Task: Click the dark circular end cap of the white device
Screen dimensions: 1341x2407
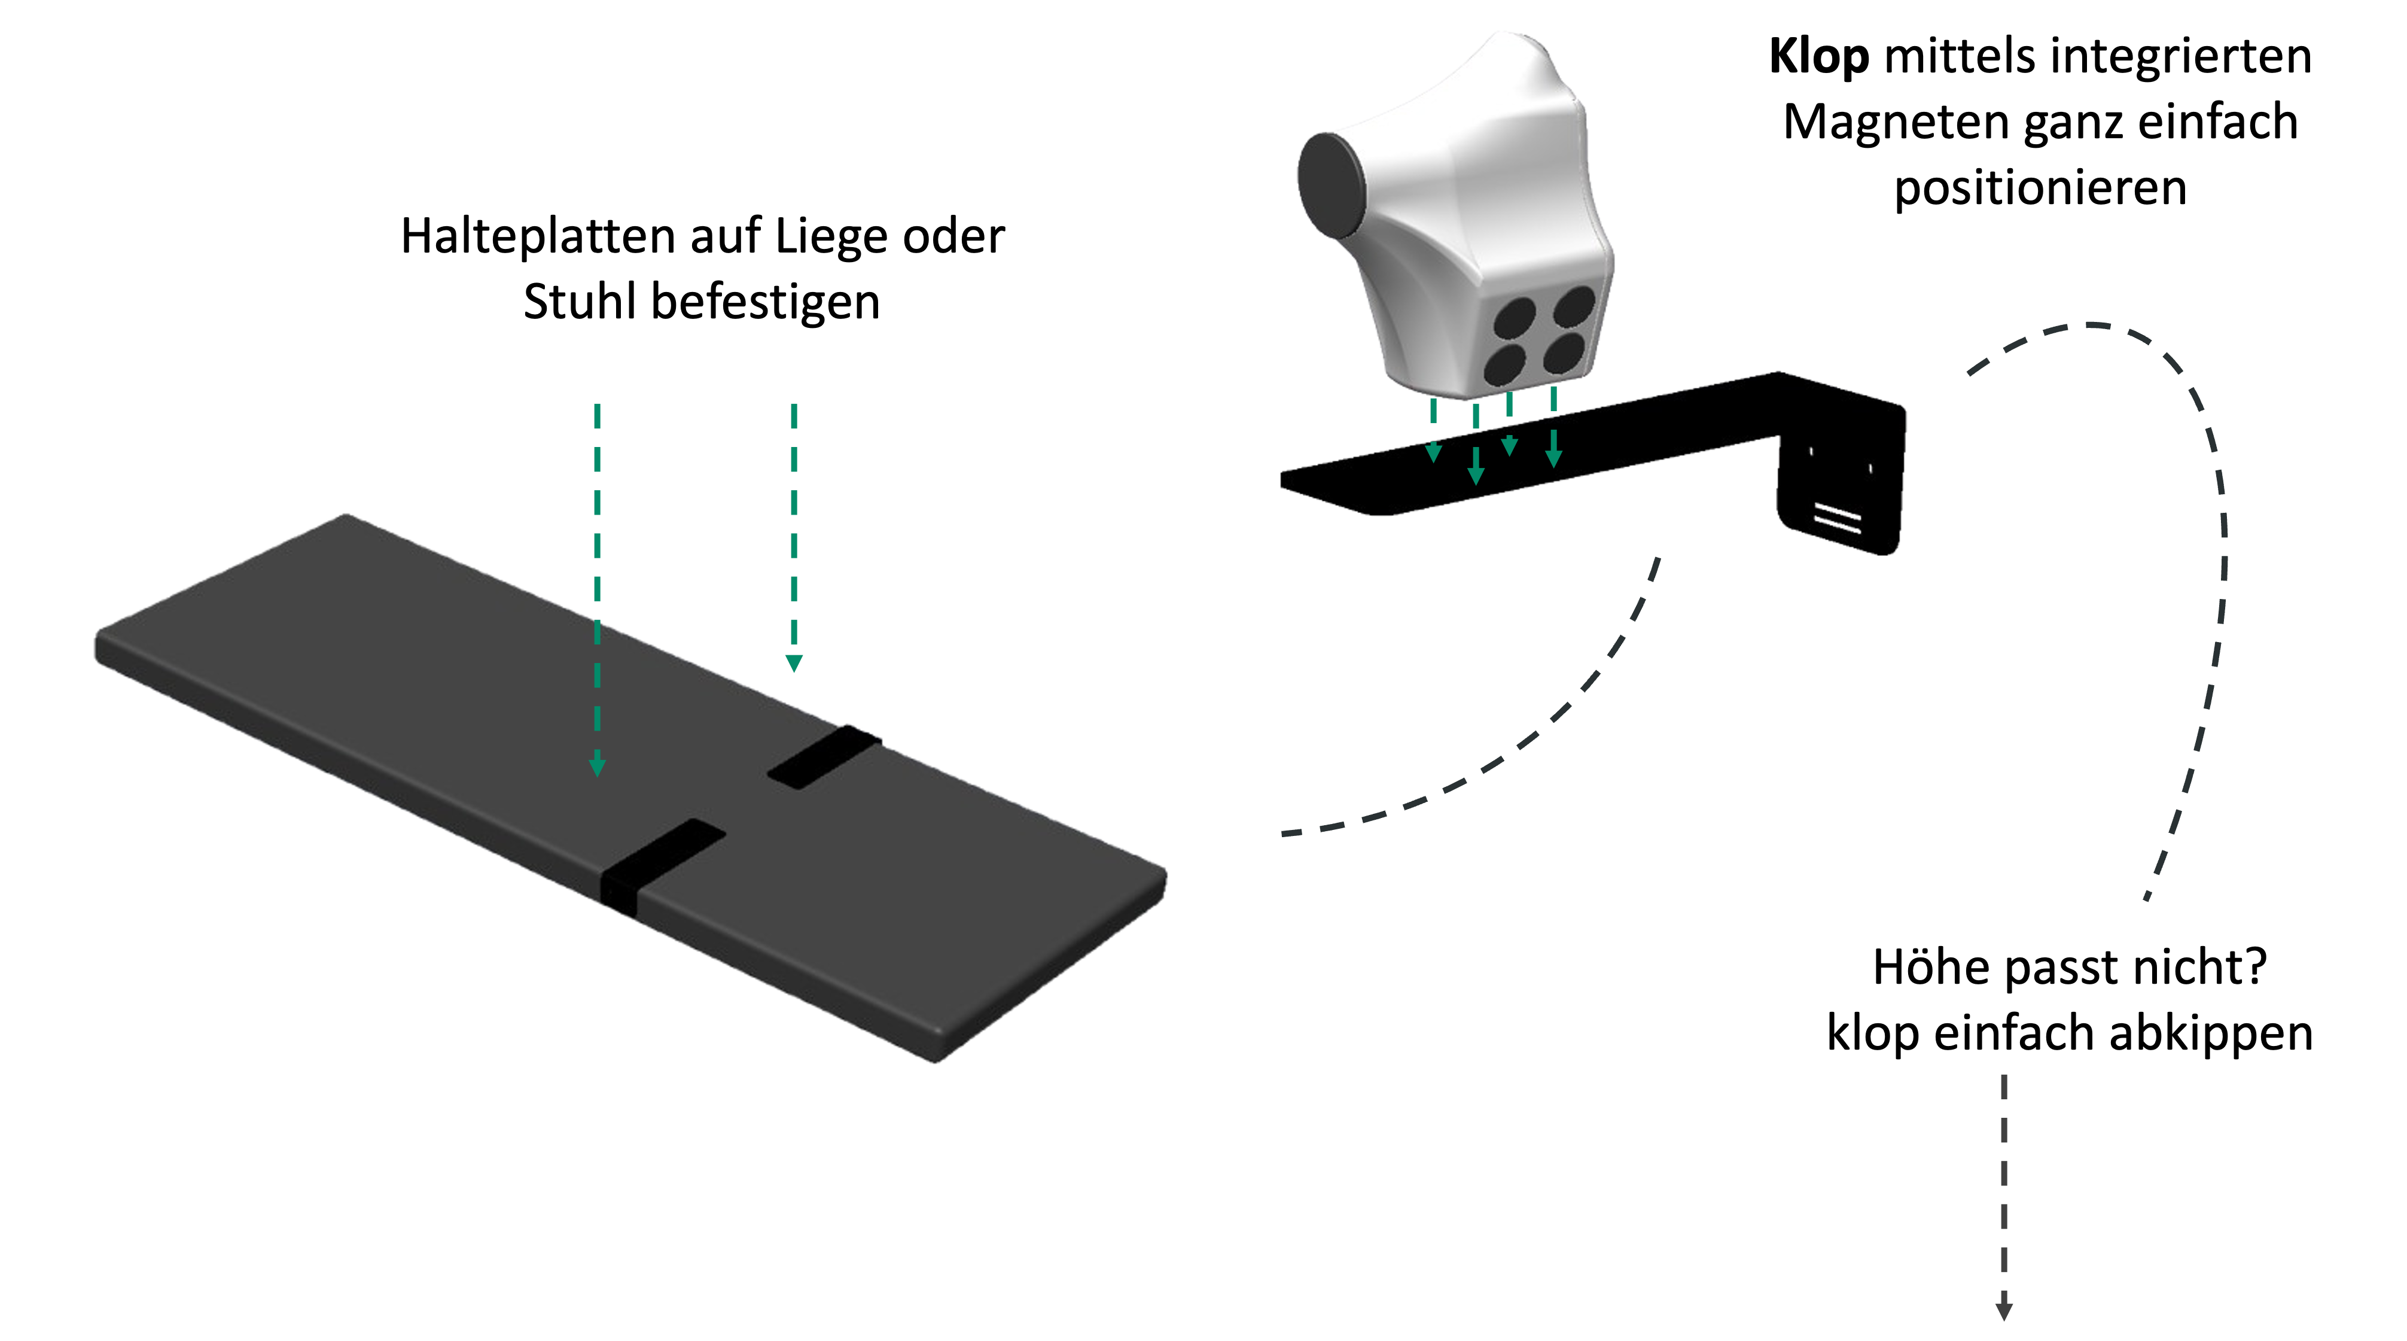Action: coord(1329,183)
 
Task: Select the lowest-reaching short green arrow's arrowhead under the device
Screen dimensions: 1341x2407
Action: coord(1476,476)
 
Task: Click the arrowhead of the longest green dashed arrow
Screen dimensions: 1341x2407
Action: coord(597,768)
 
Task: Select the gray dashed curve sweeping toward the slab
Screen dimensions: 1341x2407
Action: coord(1532,738)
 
